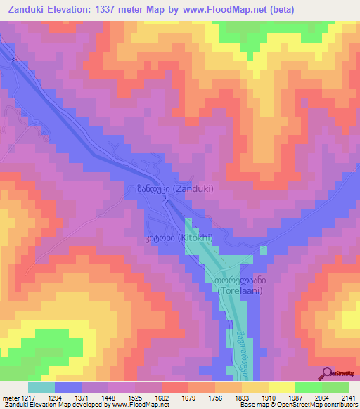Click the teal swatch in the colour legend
coord(41,387)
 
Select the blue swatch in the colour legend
coord(68,387)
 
